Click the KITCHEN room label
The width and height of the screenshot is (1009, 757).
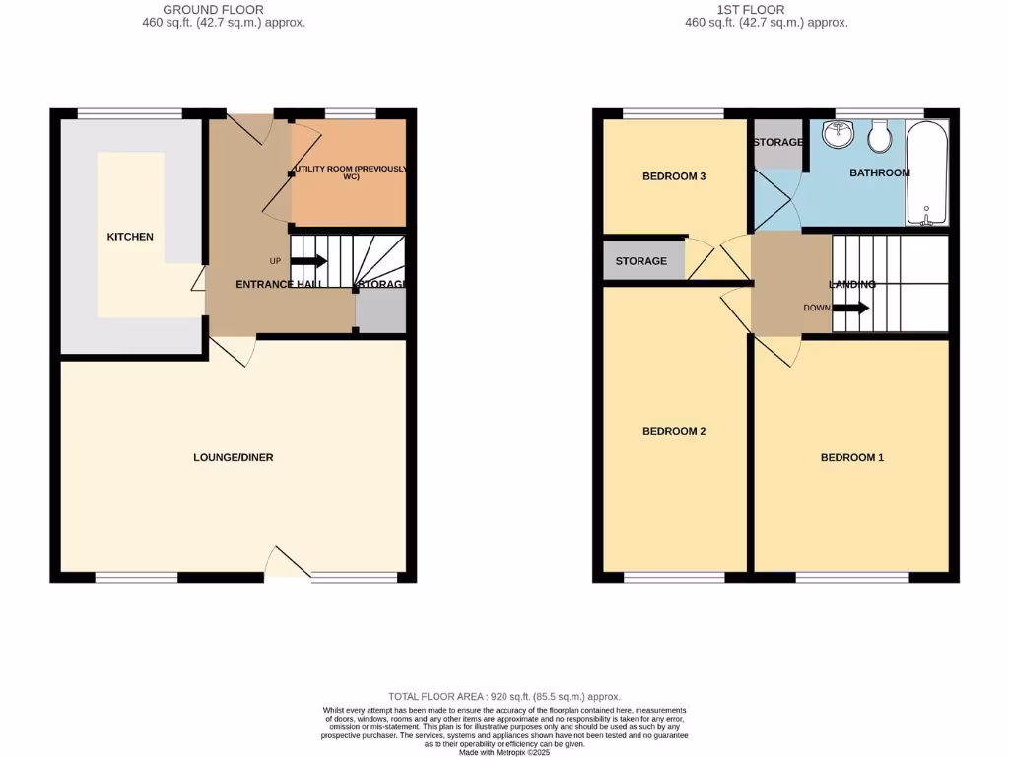(130, 237)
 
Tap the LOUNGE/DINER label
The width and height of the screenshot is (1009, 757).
(234, 457)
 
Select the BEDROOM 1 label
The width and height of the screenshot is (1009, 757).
(852, 457)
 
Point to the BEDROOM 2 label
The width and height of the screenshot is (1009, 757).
(674, 431)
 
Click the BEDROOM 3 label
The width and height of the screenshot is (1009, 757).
(674, 176)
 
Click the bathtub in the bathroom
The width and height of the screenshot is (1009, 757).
(926, 172)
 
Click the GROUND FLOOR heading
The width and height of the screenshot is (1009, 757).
(213, 10)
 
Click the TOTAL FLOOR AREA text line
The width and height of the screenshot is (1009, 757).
(504, 696)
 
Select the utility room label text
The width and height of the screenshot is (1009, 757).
(351, 172)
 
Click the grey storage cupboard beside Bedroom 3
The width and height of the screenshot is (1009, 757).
(642, 261)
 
